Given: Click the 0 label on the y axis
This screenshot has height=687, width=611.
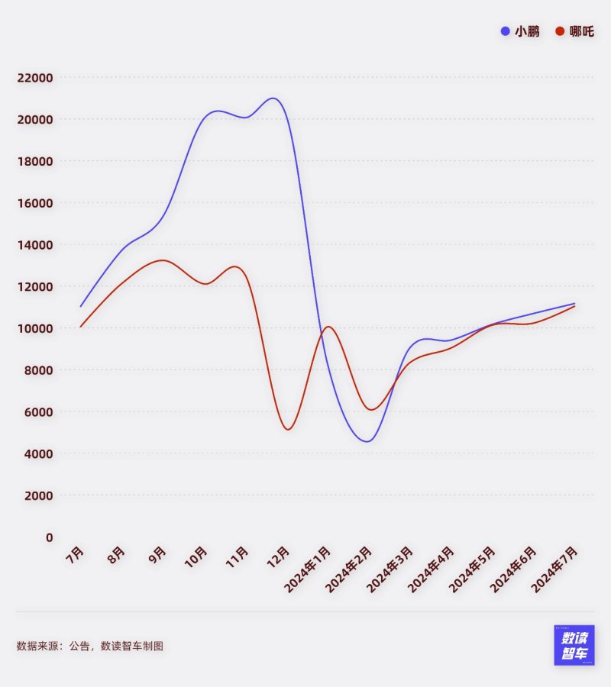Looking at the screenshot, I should tap(50, 537).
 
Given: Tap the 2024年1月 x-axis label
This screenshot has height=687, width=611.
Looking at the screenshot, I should tap(307, 569).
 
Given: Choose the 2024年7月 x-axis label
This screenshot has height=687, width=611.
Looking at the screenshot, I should tap(554, 569).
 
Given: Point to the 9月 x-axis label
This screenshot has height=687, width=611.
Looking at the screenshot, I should tap(157, 553).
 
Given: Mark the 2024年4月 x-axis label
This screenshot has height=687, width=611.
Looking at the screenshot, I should tap(431, 569).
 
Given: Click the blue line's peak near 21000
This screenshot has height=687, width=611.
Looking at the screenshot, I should tap(273, 98).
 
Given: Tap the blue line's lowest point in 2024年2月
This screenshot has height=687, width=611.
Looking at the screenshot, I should tap(368, 441).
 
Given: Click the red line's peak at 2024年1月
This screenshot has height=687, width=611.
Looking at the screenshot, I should tap(328, 327).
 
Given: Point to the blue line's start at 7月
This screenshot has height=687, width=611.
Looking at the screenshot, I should tap(80, 306).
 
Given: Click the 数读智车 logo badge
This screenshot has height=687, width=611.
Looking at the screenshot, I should tap(574, 645).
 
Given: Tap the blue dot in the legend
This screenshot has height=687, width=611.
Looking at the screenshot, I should tap(506, 31).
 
